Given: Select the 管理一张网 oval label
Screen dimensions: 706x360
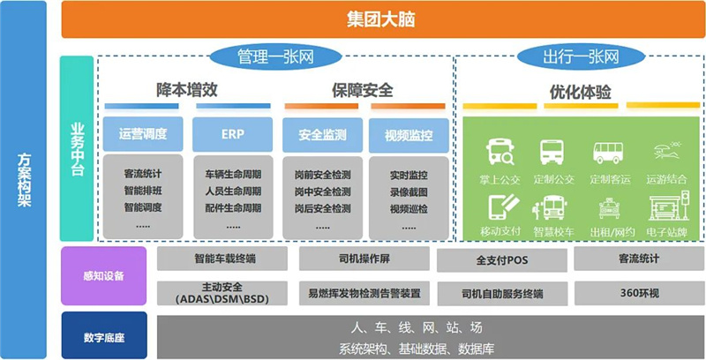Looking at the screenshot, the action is [275, 57].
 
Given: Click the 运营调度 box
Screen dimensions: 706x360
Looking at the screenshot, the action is [144, 135].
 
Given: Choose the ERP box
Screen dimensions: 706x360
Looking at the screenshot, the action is [232, 135].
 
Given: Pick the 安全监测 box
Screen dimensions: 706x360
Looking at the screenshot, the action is [322, 135].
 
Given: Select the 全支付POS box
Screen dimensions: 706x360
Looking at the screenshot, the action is [500, 259].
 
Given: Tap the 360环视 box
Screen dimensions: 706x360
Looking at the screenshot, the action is [638, 292].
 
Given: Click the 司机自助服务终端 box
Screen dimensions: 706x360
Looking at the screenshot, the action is [500, 292].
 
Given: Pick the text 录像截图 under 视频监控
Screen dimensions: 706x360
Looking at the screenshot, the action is [408, 191].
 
